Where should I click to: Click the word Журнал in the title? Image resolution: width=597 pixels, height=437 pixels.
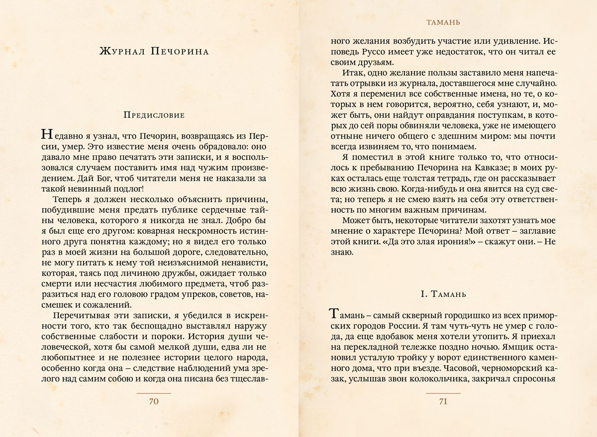coord(122,52)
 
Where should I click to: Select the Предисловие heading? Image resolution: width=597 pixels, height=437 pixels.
coord(154,115)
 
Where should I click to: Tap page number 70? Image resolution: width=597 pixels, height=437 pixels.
coord(154,402)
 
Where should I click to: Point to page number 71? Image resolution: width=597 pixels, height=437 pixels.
coord(443,402)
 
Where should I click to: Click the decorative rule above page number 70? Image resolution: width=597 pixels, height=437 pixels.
coord(154,394)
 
